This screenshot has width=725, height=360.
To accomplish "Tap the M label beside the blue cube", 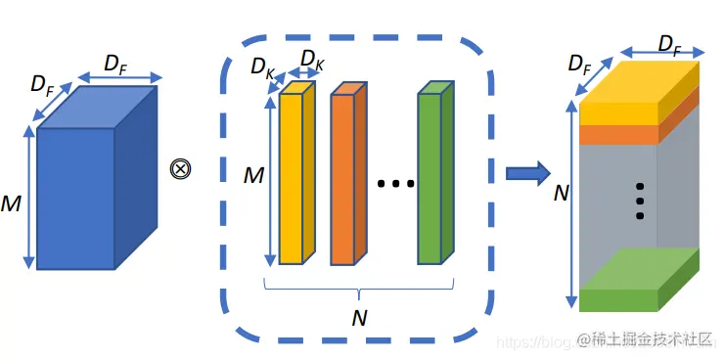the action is (x=12, y=205).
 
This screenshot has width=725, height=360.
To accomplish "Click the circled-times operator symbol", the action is (x=180, y=168).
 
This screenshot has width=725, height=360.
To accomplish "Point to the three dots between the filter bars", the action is (x=396, y=183).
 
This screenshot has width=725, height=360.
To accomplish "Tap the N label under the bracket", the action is (x=358, y=318).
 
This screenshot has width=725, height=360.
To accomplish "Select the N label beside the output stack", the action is (x=561, y=193).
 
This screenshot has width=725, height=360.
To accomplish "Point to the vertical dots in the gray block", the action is (x=640, y=201).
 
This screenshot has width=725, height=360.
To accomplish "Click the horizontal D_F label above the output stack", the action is (x=669, y=44).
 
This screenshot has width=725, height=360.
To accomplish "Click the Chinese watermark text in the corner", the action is (x=651, y=338).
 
